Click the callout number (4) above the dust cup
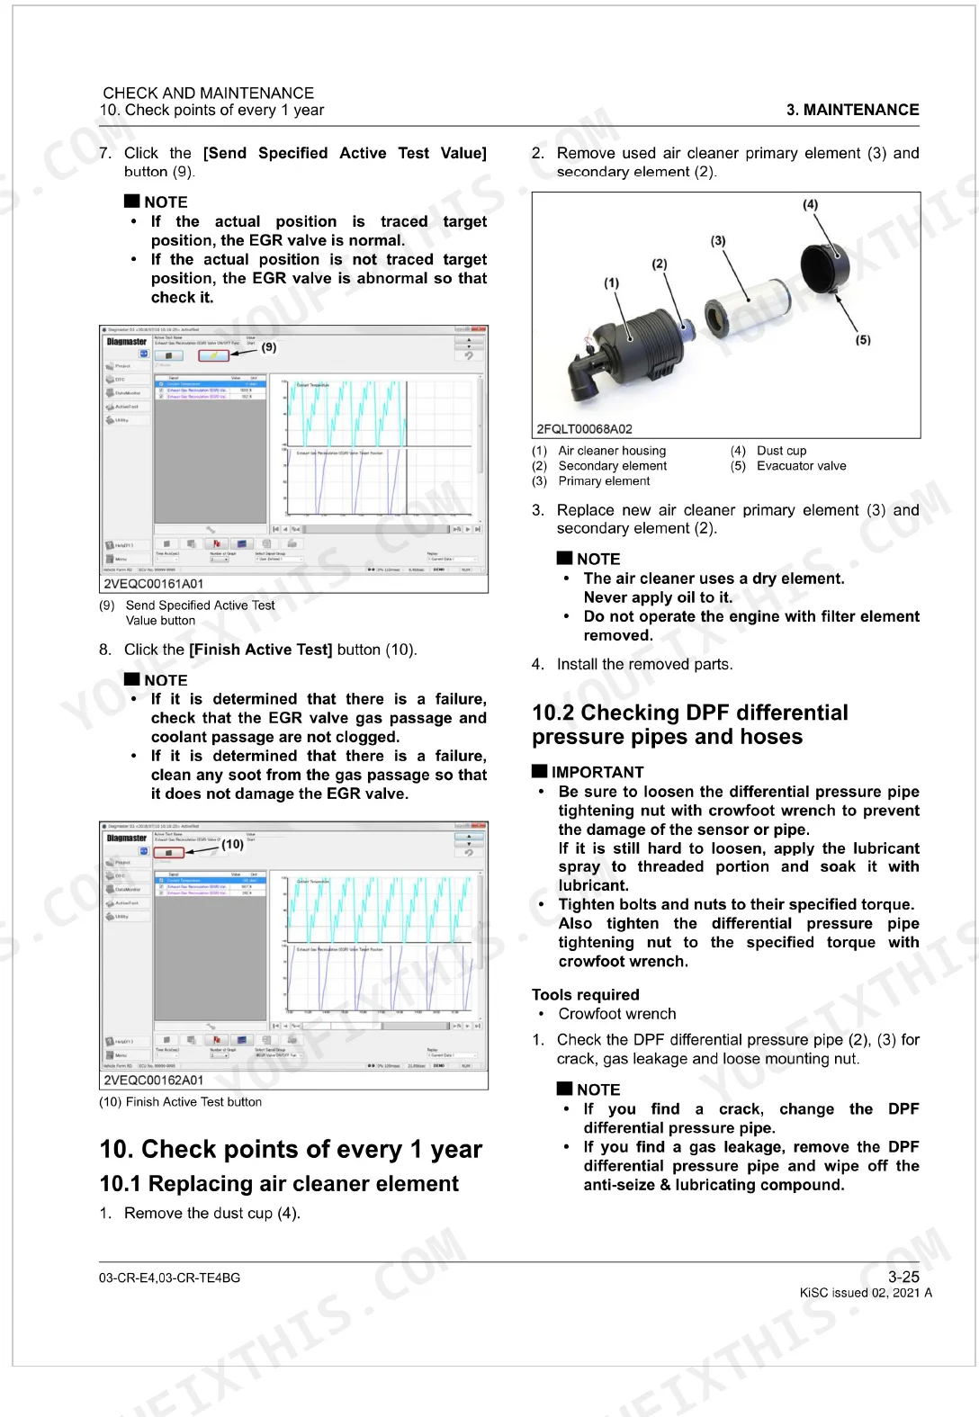(811, 204)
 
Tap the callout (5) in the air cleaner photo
(863, 340)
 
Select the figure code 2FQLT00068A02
(584, 429)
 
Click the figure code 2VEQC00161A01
(153, 584)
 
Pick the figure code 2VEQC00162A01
(153, 1080)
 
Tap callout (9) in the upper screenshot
(269, 346)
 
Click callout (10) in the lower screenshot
(233, 844)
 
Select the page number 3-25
(903, 1277)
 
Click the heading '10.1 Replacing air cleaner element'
(279, 1184)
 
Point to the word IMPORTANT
(597, 772)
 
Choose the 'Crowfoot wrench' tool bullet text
(617, 1014)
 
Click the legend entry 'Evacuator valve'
(801, 466)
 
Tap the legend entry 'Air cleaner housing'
(612, 451)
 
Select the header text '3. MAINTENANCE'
(852, 110)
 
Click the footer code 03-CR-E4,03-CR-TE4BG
(169, 1278)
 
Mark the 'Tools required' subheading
(585, 994)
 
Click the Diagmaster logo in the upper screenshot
(127, 342)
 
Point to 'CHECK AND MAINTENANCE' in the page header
(208, 93)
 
